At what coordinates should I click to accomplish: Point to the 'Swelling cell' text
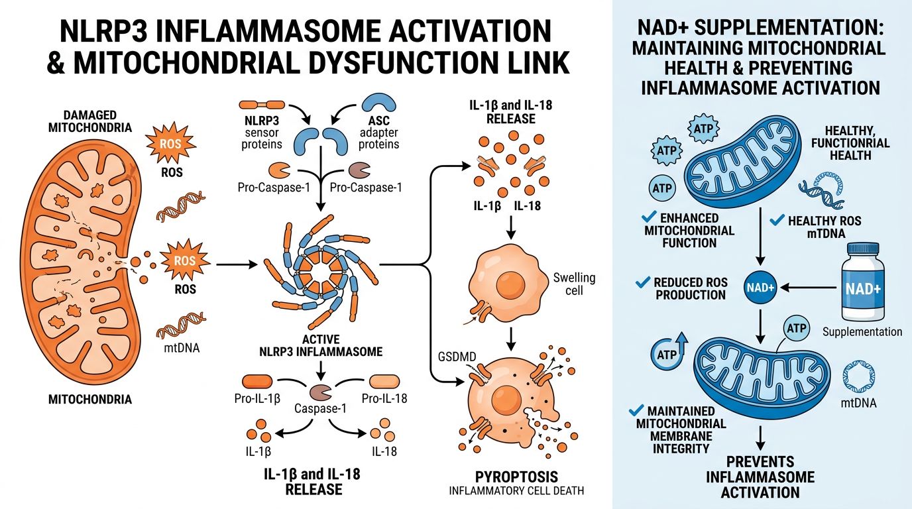coord(574,284)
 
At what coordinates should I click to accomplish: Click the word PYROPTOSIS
coord(516,477)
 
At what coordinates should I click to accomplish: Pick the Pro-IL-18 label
coord(384,398)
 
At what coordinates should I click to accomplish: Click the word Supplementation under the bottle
coord(862,331)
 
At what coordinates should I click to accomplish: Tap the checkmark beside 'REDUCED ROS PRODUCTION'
coord(641,282)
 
